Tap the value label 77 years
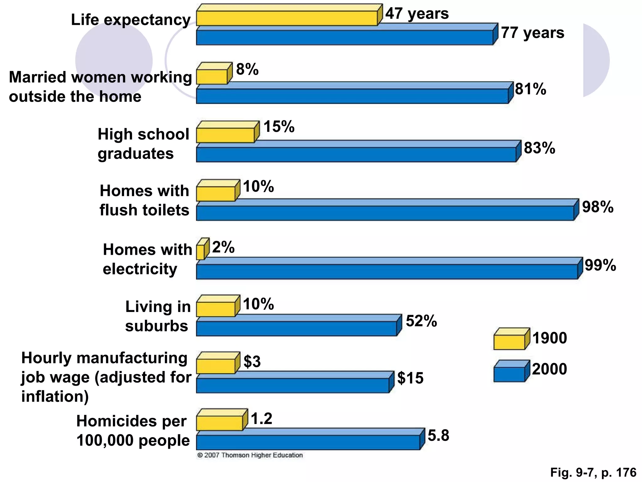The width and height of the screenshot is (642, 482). (532, 33)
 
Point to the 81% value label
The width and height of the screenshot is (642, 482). (530, 89)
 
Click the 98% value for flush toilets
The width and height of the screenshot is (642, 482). (597, 207)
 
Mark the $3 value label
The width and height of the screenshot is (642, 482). (252, 361)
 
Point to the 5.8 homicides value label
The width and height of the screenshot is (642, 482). (438, 436)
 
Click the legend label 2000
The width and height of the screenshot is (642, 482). (550, 369)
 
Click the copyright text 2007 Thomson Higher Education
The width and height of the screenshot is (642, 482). (250, 455)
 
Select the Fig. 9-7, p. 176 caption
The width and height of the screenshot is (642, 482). (593, 473)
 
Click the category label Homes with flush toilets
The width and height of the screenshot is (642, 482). (144, 200)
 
